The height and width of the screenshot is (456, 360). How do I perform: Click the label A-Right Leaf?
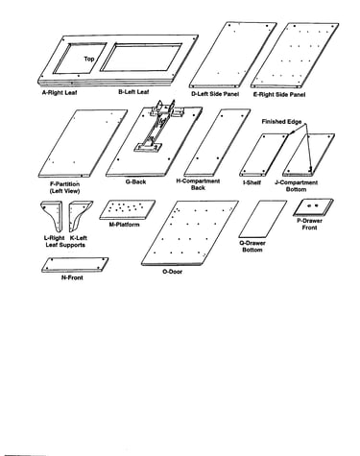(60, 93)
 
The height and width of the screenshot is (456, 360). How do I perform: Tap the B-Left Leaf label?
(133, 92)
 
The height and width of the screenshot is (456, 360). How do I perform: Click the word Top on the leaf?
(89, 59)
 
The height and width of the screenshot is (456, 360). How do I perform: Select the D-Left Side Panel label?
(215, 94)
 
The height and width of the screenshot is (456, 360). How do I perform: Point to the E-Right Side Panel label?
(279, 94)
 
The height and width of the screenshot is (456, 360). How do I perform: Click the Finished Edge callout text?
(281, 122)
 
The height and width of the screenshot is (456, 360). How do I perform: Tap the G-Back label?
(136, 181)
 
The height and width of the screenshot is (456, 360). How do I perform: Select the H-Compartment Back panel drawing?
(217, 142)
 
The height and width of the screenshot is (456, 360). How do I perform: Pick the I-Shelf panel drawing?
(264, 155)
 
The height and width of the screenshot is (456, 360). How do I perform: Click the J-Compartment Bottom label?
(297, 186)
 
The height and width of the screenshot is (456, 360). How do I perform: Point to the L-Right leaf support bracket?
(52, 216)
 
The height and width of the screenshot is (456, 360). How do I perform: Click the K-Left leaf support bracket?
(81, 216)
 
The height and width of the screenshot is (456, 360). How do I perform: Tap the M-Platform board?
(128, 210)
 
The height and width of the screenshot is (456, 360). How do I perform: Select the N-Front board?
(75, 265)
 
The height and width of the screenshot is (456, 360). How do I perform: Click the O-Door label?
(173, 272)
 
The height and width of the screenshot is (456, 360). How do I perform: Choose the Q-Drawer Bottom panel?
(263, 219)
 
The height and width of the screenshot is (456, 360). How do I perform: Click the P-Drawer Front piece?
(313, 207)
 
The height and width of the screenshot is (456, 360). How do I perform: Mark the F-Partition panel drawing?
(83, 143)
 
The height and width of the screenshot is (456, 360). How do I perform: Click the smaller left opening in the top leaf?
(80, 59)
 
